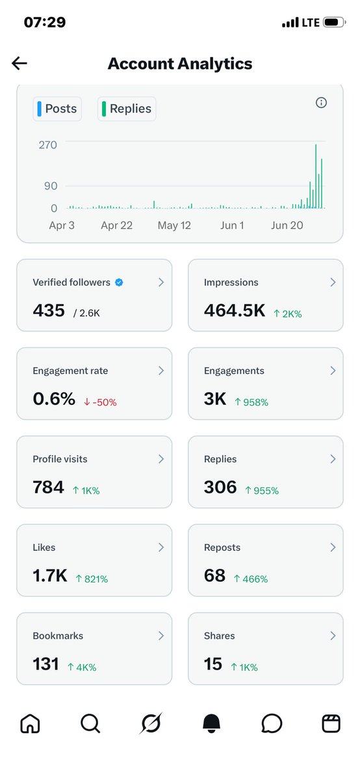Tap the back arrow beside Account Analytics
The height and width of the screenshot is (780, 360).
tap(19, 64)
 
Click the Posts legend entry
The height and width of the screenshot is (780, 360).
tap(57, 109)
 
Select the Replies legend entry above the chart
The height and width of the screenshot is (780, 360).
tap(127, 109)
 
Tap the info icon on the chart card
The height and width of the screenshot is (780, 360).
tap(321, 103)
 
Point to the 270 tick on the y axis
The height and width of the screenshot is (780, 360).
tap(47, 145)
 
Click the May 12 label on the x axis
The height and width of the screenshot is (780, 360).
tap(174, 226)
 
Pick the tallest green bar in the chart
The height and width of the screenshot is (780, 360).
tap(316, 176)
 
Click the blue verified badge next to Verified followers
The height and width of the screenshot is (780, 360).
tap(119, 282)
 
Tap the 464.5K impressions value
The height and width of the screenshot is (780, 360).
tap(235, 310)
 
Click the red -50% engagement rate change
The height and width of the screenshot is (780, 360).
tap(100, 402)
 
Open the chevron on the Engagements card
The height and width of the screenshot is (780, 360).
tap(333, 370)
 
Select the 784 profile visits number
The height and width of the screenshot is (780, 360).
tap(48, 487)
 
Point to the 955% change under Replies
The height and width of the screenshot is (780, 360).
tap(262, 491)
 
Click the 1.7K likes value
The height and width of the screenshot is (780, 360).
tap(50, 576)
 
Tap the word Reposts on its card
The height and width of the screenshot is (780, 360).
tap(222, 547)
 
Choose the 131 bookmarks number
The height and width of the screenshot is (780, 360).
tap(45, 664)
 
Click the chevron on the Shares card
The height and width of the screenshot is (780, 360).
tap(333, 636)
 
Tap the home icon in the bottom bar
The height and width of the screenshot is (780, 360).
tap(31, 723)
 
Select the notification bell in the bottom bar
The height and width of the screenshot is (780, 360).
tap(211, 723)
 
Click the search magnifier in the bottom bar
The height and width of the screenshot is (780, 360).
tap(90, 723)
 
